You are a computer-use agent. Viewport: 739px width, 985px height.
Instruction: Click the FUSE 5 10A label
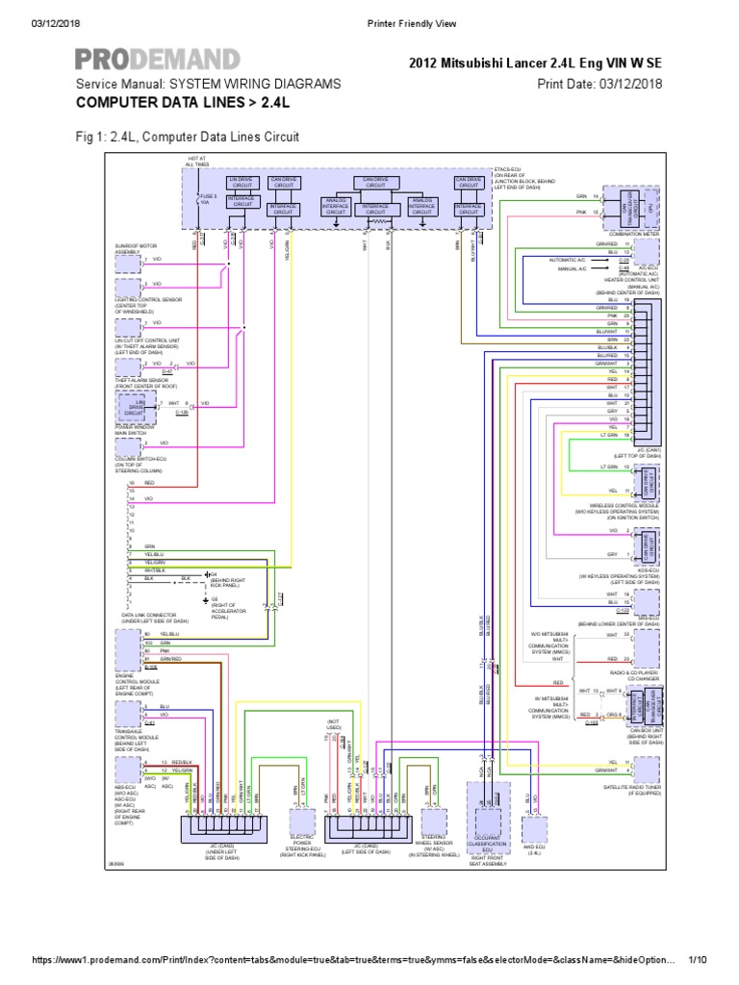click(x=209, y=199)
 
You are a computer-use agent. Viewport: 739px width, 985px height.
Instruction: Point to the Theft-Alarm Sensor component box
click(x=127, y=366)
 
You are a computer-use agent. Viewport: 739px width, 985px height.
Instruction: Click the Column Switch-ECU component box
click(x=127, y=444)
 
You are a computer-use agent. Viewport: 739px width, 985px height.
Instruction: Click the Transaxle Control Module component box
click(x=127, y=715)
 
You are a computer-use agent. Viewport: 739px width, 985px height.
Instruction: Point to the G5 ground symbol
click(x=205, y=603)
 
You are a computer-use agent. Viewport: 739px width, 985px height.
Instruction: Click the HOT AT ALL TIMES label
click(x=197, y=161)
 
